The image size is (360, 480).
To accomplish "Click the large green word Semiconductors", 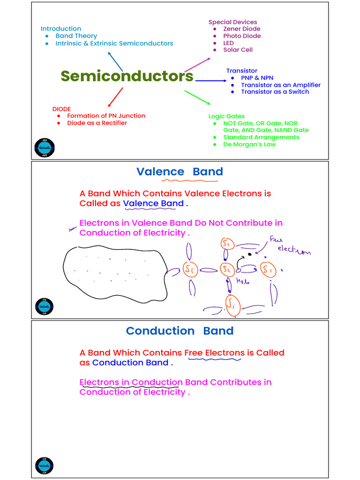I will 127,76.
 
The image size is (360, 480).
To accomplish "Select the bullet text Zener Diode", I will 241,29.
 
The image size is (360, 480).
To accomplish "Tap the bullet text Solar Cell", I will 238,50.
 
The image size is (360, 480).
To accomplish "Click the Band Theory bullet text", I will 76,36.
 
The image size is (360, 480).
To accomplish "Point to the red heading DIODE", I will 61,109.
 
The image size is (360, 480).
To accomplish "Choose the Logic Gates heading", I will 226,116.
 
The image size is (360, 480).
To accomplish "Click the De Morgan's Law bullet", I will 249,144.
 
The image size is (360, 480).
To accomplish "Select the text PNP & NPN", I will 257,78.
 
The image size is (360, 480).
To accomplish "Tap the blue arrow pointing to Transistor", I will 210,81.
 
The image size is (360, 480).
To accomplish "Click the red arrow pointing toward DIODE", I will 115,97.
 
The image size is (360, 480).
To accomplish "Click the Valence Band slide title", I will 180,172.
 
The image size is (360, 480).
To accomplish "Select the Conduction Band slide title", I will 180,331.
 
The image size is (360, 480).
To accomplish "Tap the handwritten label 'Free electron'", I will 291,246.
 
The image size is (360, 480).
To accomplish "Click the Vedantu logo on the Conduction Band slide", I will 45,466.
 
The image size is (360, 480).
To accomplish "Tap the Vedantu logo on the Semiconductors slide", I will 45,148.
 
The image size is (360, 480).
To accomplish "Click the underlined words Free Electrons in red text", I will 214,353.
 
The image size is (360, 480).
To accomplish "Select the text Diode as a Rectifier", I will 97,123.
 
